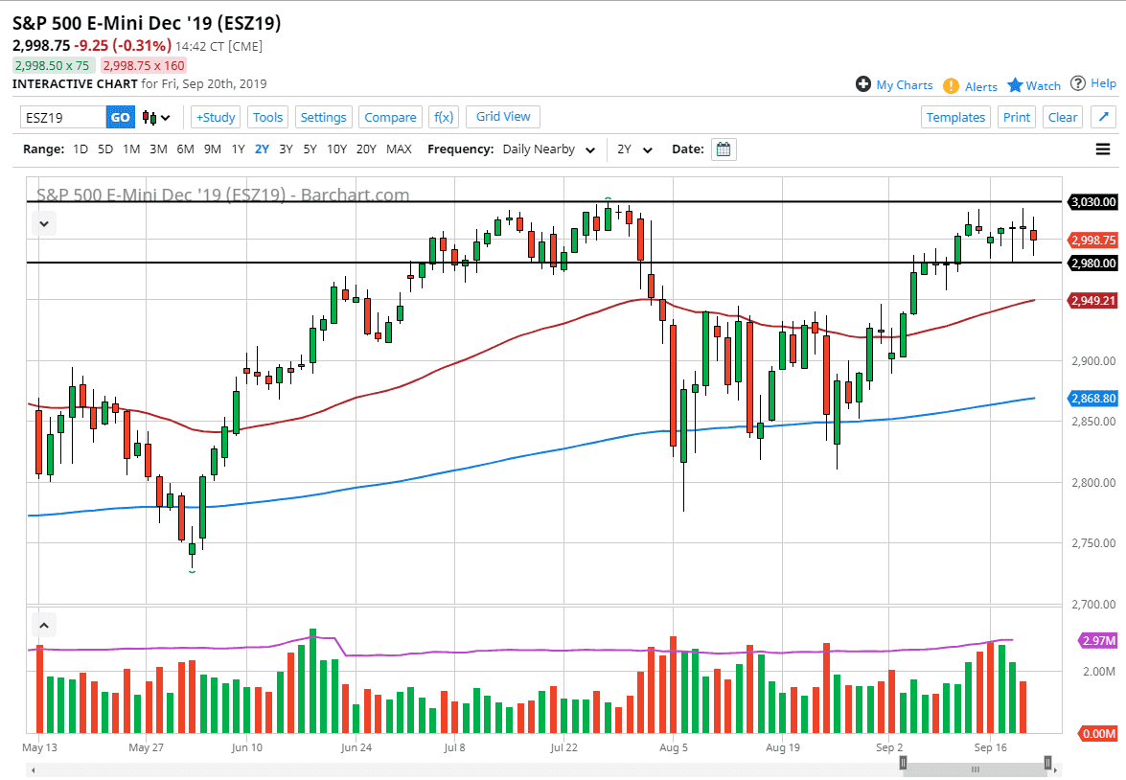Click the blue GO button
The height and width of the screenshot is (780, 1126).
(120, 117)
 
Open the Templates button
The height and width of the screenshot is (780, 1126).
(955, 117)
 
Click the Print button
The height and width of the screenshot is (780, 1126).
(1017, 117)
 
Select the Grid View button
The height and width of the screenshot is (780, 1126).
(503, 117)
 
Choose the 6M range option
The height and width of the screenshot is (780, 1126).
(185, 149)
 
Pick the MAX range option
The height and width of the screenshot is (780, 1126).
(399, 149)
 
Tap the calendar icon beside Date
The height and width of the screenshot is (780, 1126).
(724, 149)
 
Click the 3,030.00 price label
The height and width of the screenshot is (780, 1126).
(1093, 202)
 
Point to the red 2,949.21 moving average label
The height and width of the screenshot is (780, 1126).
(1093, 301)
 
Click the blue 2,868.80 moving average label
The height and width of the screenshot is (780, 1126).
(1093, 398)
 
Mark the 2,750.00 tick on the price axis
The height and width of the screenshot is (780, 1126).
(1093, 543)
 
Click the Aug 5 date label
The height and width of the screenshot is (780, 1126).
(674, 746)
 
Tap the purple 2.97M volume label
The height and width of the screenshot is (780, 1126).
(1095, 640)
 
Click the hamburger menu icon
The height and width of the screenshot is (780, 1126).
(1103, 149)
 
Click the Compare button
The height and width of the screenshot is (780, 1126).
(390, 117)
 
